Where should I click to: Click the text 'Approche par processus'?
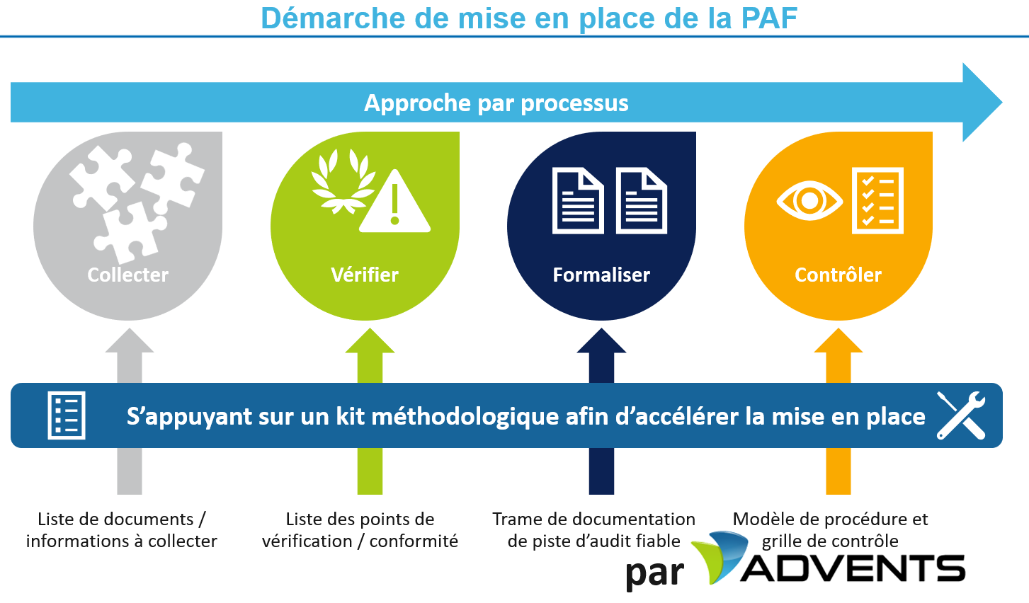[x=496, y=103]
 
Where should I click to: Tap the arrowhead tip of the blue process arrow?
[x=1002, y=102]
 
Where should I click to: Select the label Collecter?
[x=127, y=275]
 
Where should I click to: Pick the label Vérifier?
[x=365, y=275]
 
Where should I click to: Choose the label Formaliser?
[x=601, y=275]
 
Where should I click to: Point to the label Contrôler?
[x=838, y=275]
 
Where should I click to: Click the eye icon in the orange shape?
[x=809, y=201]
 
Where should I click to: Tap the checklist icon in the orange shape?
[x=877, y=201]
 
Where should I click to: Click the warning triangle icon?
[x=394, y=201]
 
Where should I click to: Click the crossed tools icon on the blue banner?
[x=961, y=415]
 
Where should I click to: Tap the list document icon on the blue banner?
[x=67, y=415]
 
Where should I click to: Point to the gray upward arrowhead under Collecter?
[x=130, y=340]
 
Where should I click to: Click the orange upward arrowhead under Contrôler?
[x=838, y=340]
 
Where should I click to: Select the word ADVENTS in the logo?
[x=853, y=568]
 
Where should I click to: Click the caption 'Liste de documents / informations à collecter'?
[x=122, y=530]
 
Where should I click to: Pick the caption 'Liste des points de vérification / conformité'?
[x=360, y=530]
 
